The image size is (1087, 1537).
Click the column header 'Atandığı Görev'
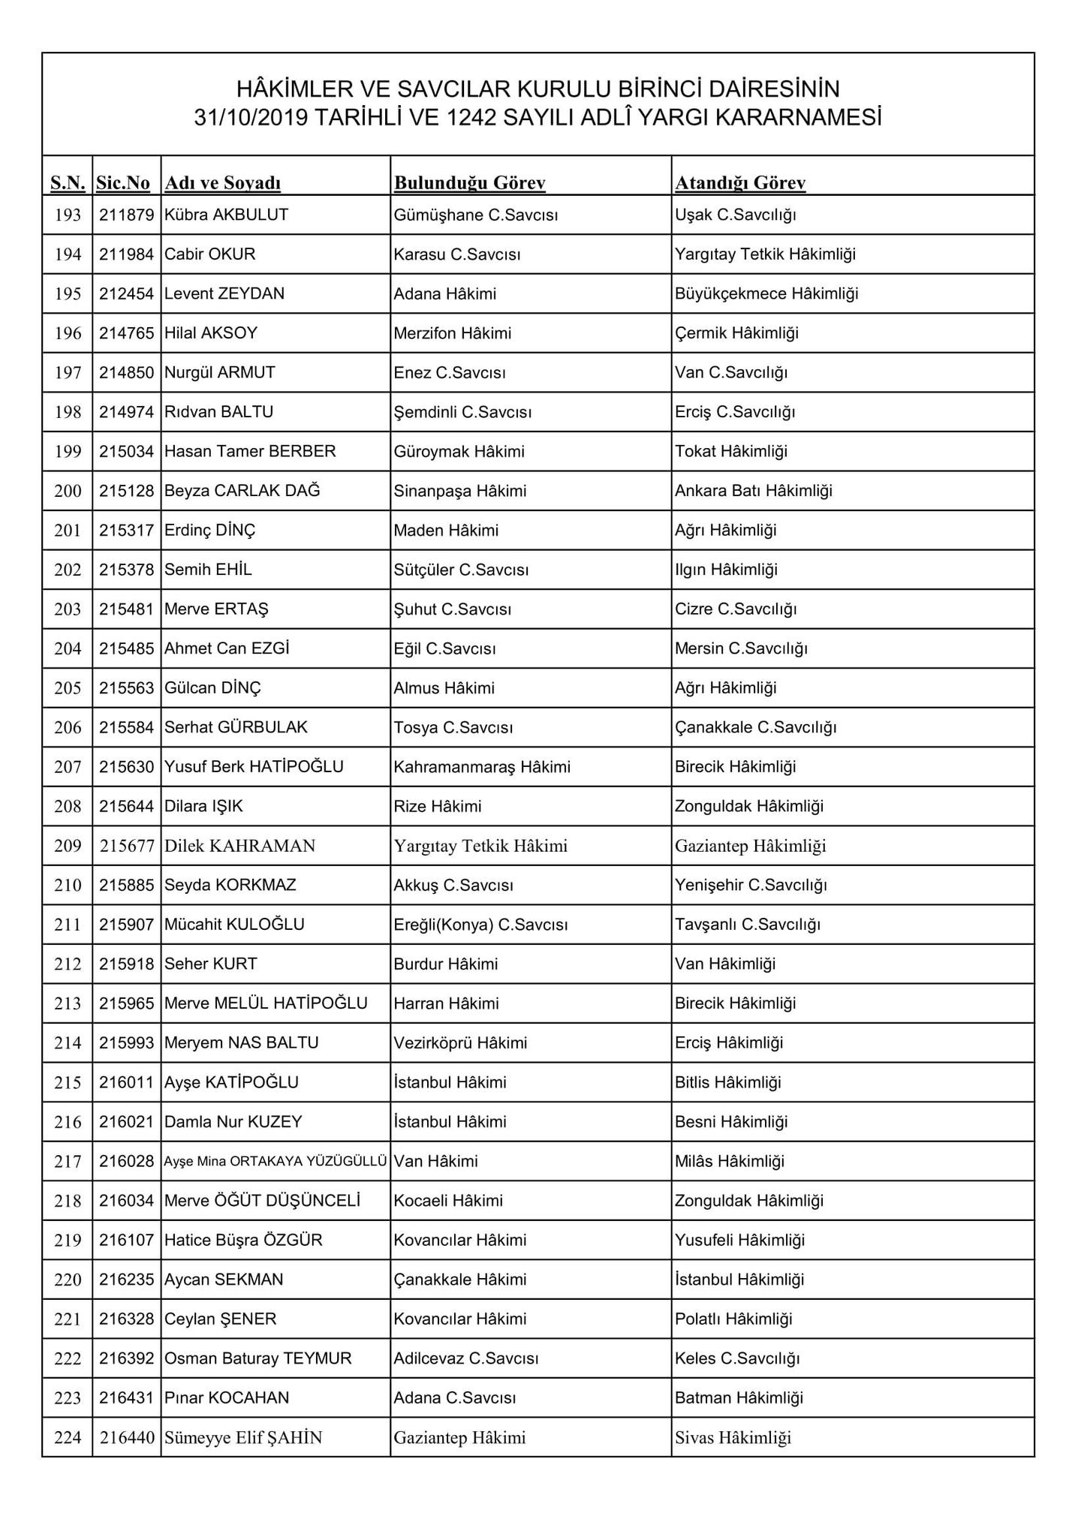[x=740, y=182]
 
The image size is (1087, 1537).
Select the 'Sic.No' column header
[x=123, y=182]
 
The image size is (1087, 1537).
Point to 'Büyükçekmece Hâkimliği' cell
[x=766, y=293]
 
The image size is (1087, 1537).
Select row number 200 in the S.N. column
[x=68, y=491]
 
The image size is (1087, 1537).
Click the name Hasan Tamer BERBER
[x=250, y=451]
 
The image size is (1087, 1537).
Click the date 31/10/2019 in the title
[x=251, y=118]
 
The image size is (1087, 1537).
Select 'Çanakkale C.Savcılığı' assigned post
[x=755, y=727]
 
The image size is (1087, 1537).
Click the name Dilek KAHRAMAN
[x=240, y=846]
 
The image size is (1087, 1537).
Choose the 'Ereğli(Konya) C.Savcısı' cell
[x=480, y=925]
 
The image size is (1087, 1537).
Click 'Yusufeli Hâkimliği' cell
[x=739, y=1240]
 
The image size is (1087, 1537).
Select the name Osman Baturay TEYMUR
[x=258, y=1358]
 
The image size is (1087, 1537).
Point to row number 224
[x=68, y=1438]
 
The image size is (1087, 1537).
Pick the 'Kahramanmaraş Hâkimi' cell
[x=482, y=767]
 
